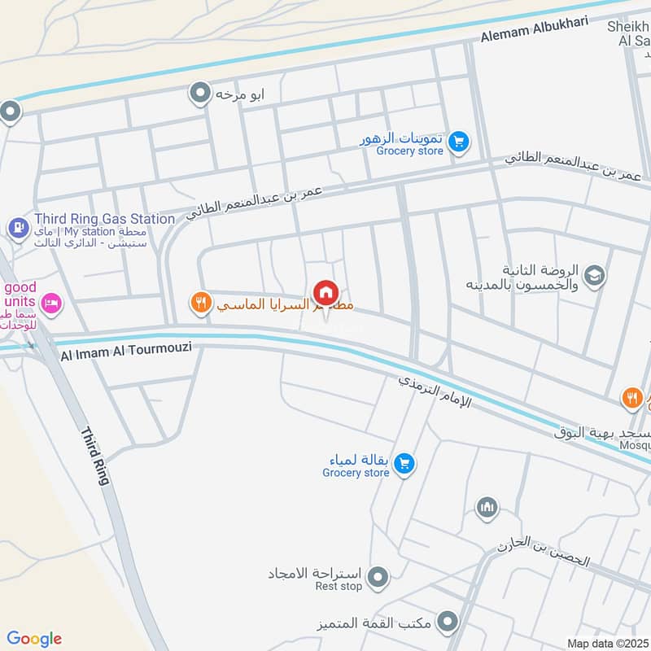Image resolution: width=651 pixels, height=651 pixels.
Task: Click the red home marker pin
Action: (325, 292)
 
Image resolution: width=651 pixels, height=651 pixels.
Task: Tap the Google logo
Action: (34, 639)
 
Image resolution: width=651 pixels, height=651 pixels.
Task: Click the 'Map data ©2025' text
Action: (606, 643)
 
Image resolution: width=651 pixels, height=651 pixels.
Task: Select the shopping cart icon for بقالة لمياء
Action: (404, 465)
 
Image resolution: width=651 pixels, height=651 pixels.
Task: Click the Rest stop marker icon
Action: (377, 579)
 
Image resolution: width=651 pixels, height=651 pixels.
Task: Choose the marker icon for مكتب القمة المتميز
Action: (446, 623)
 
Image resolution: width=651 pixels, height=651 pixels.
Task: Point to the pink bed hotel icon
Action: (50, 304)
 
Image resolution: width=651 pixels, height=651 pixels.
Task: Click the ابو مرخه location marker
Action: (200, 94)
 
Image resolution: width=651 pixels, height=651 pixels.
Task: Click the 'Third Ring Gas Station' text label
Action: (104, 219)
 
